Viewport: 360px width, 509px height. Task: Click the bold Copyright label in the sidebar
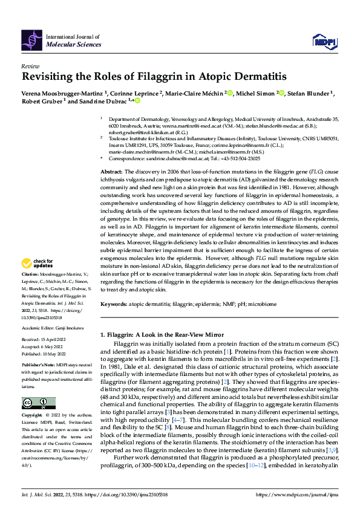(33, 416)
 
